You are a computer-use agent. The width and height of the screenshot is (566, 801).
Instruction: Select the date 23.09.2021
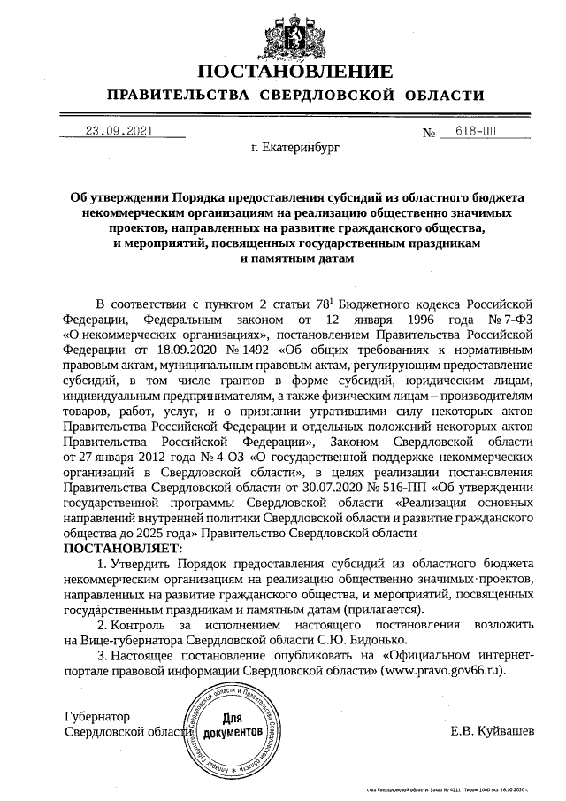click(x=119, y=132)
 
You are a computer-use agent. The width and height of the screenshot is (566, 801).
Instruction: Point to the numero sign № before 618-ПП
click(x=431, y=134)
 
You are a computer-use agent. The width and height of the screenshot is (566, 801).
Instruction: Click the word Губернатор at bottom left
click(x=97, y=715)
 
